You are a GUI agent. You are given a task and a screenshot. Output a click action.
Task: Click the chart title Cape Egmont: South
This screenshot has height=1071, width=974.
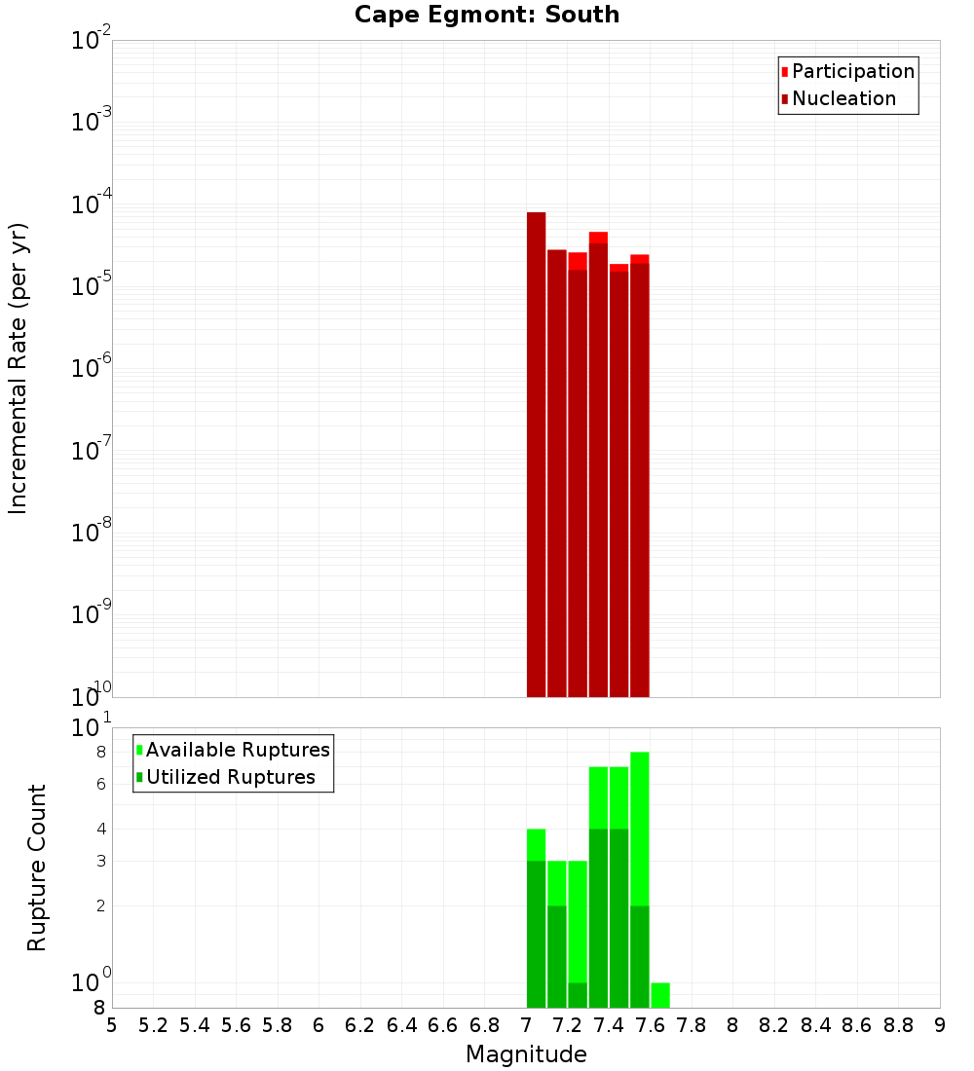pos(487,15)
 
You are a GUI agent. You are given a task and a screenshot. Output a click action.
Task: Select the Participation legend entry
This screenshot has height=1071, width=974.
pos(853,71)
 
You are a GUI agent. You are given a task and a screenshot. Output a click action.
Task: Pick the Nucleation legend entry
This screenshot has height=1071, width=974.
pos(843,98)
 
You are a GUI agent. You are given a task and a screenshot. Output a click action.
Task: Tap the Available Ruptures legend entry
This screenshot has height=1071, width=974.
pos(238,750)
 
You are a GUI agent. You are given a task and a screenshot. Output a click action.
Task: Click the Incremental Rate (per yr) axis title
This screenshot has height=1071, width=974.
pos(19,368)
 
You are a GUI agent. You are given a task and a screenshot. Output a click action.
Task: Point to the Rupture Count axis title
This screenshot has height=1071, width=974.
pos(37,868)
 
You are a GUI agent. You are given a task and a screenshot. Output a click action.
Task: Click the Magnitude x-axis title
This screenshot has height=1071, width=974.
pos(526,1054)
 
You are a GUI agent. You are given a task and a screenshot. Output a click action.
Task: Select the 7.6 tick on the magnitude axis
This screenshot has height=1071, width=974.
pos(650,1025)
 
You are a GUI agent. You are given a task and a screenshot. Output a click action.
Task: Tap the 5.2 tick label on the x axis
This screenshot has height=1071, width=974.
pos(153,1025)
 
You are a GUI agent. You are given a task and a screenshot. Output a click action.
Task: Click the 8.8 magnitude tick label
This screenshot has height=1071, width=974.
pos(898,1025)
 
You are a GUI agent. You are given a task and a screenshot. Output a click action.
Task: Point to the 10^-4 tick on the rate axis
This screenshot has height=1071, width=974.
pos(94,204)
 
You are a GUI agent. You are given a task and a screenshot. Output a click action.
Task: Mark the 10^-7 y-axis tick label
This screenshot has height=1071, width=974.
pos(94,451)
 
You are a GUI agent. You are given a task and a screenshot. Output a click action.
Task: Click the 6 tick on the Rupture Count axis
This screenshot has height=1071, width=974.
pos(100,784)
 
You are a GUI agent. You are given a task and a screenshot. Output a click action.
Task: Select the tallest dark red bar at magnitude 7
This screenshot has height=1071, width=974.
pos(536,448)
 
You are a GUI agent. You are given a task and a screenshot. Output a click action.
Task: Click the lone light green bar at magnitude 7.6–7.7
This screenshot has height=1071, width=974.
pos(660,995)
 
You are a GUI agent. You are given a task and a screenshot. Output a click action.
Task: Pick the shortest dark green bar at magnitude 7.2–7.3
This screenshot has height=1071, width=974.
pos(578,995)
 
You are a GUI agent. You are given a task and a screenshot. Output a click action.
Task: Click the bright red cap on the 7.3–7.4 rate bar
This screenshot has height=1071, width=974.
pos(598,238)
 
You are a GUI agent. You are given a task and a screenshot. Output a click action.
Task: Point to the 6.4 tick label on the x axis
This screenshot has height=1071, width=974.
pos(401,1025)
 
